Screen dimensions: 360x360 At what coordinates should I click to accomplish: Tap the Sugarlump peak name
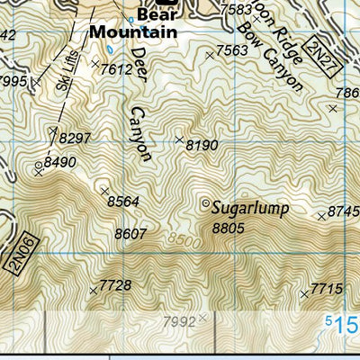(x=250, y=209)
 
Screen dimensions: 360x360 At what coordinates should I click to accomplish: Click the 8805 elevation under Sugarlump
(x=228, y=229)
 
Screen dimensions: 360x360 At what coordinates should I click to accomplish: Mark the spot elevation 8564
(x=123, y=202)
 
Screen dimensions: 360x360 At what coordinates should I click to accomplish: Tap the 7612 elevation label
(x=117, y=68)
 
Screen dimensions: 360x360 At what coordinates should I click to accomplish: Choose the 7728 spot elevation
(x=115, y=285)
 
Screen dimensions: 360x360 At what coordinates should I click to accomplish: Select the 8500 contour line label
(x=183, y=240)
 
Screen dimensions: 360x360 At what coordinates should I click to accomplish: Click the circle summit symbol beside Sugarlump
(x=205, y=202)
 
